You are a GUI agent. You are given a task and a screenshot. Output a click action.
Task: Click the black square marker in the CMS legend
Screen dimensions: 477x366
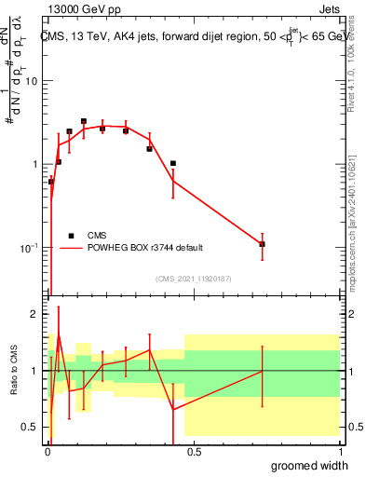click(x=71, y=236)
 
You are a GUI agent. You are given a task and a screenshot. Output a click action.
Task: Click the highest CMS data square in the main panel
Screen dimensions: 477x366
click(x=84, y=121)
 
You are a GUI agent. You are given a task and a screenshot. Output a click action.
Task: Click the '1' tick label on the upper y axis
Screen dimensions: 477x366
click(x=34, y=165)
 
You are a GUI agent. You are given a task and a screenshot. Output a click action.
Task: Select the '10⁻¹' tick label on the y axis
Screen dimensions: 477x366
click(x=29, y=248)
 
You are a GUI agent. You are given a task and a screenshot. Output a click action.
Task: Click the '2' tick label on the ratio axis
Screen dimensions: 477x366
click(x=34, y=314)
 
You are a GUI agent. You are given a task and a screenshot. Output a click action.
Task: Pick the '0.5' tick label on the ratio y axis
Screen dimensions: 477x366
click(x=30, y=427)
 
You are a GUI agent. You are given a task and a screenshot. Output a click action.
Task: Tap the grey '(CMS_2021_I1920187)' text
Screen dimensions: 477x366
click(x=194, y=279)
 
